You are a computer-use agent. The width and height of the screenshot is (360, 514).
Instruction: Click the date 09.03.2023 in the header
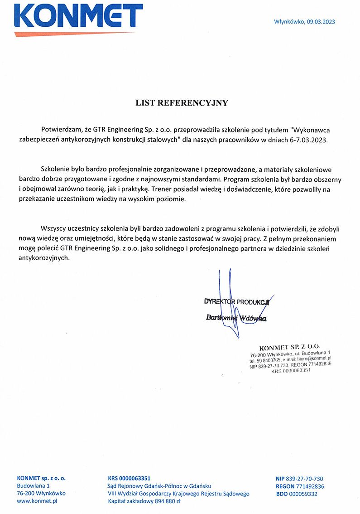point(321,22)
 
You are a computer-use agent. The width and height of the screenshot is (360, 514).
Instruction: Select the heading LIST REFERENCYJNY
point(182,103)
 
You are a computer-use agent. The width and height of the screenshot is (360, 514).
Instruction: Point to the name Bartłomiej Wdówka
point(236,318)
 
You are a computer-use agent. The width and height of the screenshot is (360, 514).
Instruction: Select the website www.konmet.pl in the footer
point(37,501)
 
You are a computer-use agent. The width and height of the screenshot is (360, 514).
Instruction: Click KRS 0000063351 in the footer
point(129,478)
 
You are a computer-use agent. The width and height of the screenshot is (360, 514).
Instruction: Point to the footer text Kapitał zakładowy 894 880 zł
point(144,501)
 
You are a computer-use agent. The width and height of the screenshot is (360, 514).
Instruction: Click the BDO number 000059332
point(303,494)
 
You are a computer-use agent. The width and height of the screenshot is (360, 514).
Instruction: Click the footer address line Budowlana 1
point(33,486)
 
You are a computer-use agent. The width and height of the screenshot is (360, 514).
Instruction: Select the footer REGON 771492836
point(299,486)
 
